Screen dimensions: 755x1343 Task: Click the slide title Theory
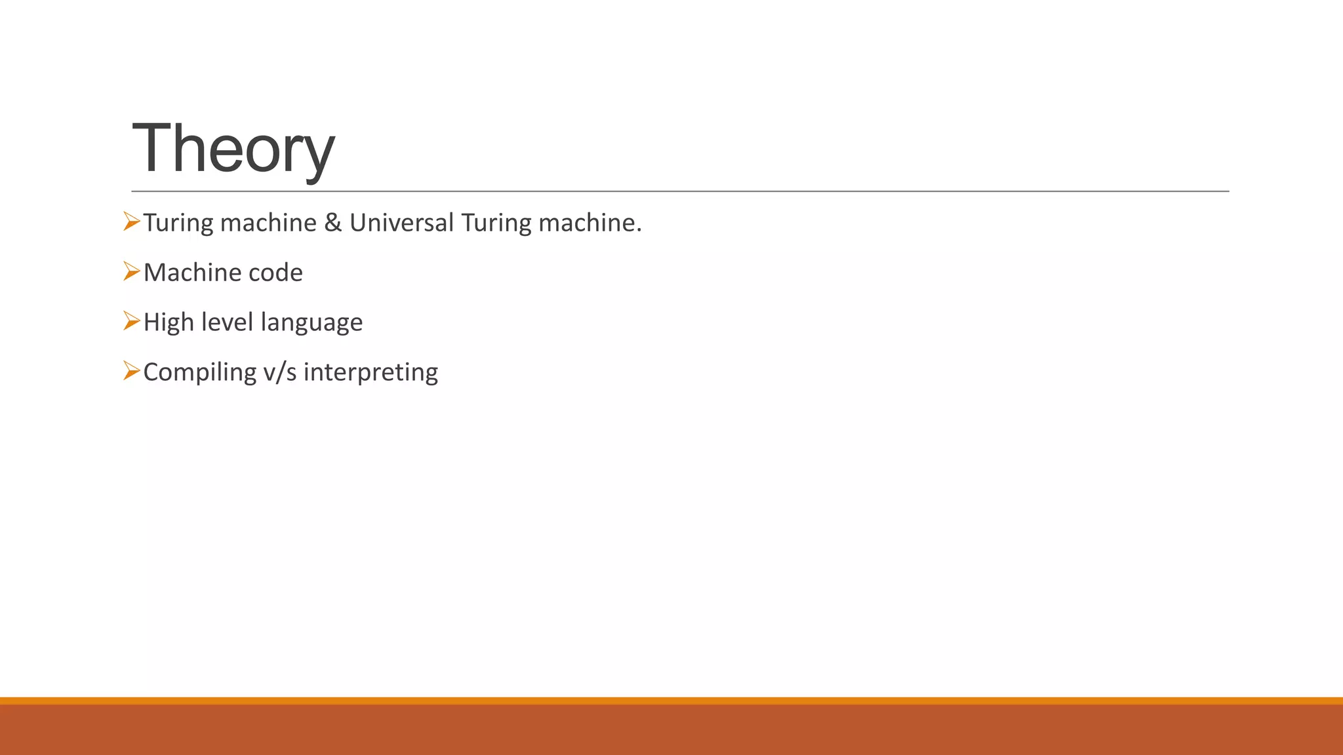[x=233, y=149]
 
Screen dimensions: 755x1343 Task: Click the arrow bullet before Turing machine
[x=131, y=222]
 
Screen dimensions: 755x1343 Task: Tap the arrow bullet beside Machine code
[x=131, y=272]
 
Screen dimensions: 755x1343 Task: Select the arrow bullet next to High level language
[x=131, y=322]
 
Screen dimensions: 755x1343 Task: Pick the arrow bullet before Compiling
[x=131, y=372]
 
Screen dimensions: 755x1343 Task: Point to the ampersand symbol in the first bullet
[x=333, y=223]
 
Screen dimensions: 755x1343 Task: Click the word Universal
[x=401, y=223]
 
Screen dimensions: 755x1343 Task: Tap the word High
[x=169, y=322]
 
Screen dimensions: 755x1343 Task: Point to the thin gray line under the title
[x=680, y=191]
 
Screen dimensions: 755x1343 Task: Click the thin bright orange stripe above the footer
[x=671, y=701]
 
